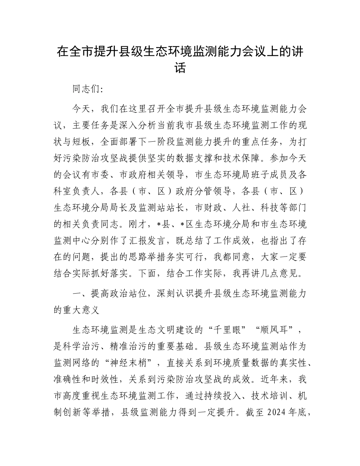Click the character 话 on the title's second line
tap(180, 69)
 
